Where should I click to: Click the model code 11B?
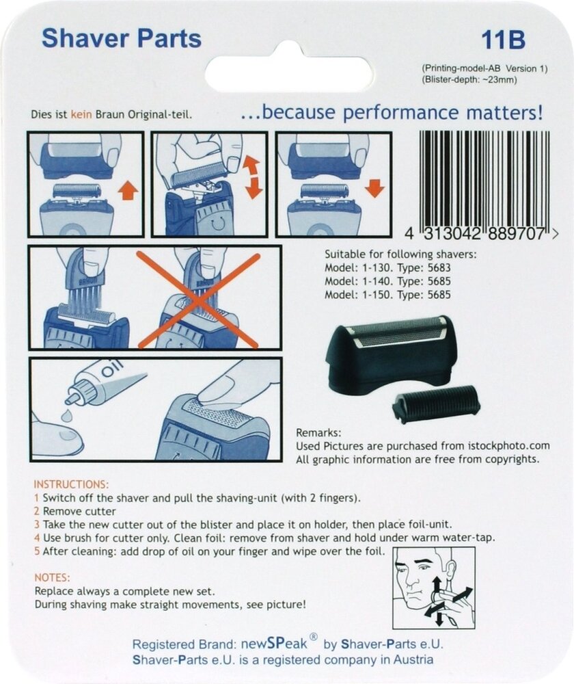pos(503,40)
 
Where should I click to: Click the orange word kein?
pos(81,115)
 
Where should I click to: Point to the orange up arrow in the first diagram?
pos(128,190)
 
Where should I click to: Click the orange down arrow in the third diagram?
pos(375,189)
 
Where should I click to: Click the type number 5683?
pos(439,268)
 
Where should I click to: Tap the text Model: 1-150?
pos(359,295)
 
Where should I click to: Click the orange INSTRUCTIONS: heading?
pos(71,485)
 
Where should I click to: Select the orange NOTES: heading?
pos(52,578)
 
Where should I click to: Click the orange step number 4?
pos(37,538)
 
